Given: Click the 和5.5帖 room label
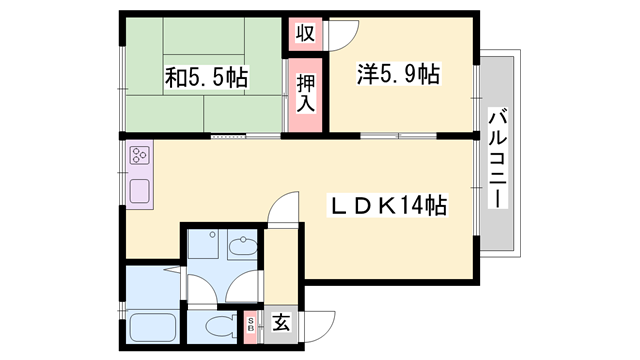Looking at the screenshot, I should [x=208, y=76].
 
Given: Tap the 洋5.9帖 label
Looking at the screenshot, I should [x=398, y=73].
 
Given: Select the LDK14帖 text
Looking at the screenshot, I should [x=389, y=207].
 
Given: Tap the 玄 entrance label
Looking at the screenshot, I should [x=281, y=324].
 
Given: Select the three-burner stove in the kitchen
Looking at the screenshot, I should [x=138, y=156].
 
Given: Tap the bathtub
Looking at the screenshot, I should [x=153, y=327].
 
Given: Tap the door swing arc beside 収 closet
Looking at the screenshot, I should [x=340, y=35].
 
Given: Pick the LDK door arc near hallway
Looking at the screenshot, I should [x=286, y=209].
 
